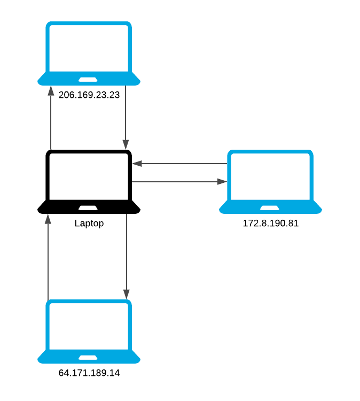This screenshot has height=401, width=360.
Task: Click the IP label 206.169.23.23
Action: pos(89,95)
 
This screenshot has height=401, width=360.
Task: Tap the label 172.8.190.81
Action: pos(270,223)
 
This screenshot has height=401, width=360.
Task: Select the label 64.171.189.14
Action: pos(89,373)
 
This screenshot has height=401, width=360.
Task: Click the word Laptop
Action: pos(89,223)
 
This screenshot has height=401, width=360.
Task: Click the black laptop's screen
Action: pos(89,176)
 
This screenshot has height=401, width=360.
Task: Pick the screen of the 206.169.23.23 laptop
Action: pos(89,48)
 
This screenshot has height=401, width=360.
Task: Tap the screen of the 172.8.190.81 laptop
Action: pos(270,176)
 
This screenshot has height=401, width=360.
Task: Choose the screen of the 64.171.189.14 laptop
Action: pos(89,326)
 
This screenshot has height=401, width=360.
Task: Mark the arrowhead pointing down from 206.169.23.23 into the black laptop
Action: pos(126,144)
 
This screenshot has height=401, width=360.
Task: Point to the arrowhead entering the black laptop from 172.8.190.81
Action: pos(137,163)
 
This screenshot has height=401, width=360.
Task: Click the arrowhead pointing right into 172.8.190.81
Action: pos(222,182)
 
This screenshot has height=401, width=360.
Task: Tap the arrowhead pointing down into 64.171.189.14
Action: pos(126,294)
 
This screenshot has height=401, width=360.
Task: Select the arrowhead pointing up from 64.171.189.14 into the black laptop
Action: pos(48,219)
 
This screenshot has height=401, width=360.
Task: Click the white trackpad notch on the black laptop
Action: pos(89,207)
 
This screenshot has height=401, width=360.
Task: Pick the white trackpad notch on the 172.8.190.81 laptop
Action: pos(270,207)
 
